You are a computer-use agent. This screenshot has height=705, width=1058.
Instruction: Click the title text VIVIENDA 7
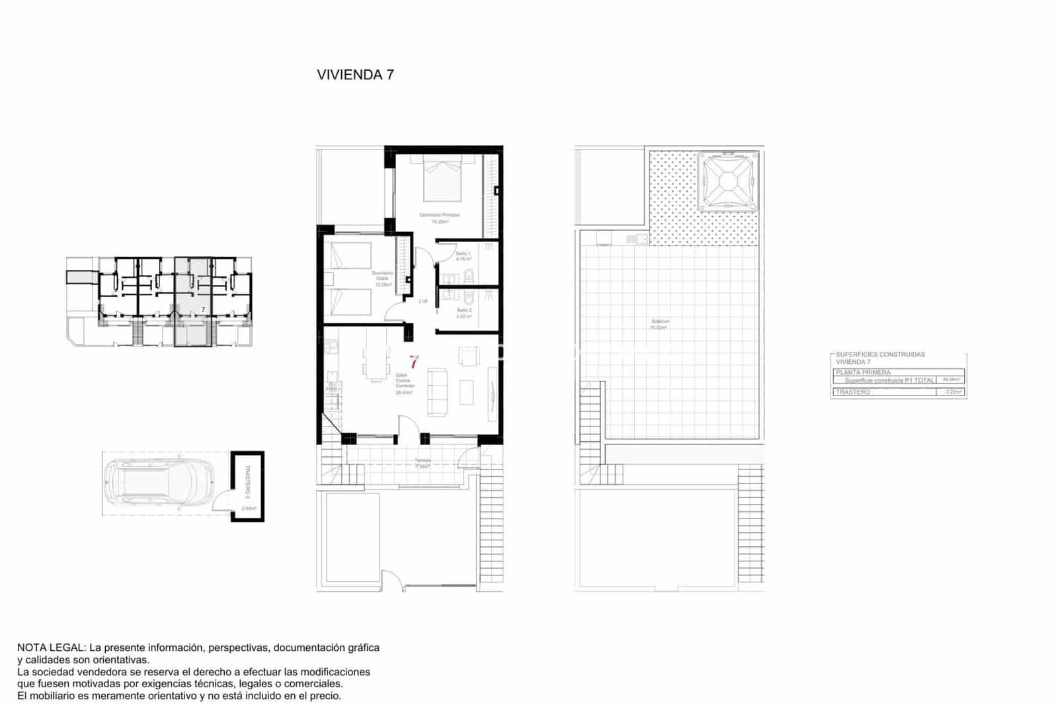355,75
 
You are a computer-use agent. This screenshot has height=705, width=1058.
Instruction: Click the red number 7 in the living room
414,362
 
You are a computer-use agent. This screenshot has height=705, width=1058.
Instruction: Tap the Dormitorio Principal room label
439,216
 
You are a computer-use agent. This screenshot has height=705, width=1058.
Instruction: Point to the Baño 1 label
464,254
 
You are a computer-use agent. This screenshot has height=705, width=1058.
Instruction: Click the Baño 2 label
464,310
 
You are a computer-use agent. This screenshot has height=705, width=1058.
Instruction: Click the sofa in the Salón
437,393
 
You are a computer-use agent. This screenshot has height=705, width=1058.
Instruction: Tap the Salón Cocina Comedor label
403,382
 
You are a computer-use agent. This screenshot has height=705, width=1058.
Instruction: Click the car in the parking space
159,483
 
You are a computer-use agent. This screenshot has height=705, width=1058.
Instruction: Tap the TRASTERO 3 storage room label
247,481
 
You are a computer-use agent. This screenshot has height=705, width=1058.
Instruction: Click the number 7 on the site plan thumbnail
203,309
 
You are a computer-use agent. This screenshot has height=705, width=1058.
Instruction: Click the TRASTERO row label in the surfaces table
853,392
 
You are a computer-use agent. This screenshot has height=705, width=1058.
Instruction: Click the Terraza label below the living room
423,460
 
